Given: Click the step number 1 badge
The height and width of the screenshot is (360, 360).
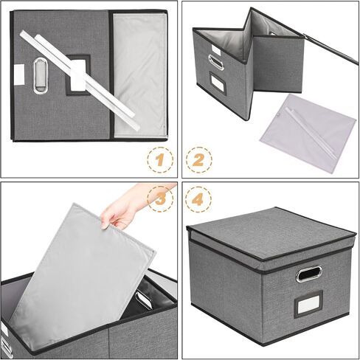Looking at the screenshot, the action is [x=160, y=160].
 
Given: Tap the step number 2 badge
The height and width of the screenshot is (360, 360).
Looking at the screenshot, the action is [x=198, y=160].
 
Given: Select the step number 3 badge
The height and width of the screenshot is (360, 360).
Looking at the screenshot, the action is [x=160, y=198].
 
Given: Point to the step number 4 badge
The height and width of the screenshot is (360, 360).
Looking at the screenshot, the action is [x=198, y=198].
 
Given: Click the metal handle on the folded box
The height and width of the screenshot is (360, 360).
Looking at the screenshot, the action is [x=41, y=76].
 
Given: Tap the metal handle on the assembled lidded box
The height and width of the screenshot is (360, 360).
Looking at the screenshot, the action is [x=309, y=274].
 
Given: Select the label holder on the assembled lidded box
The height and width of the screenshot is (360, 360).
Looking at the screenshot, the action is [x=308, y=304].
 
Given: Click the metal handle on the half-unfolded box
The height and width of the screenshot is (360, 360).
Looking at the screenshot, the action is [x=215, y=62].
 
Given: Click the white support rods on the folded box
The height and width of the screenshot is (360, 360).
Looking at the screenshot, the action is [x=80, y=80].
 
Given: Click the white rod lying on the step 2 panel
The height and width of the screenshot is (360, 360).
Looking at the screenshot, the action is [x=311, y=133].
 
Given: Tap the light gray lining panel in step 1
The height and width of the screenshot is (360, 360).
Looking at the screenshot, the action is [x=140, y=75].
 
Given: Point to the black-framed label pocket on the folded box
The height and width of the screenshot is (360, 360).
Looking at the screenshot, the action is [x=78, y=75].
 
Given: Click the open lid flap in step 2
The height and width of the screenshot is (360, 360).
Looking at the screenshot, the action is [x=330, y=49].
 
